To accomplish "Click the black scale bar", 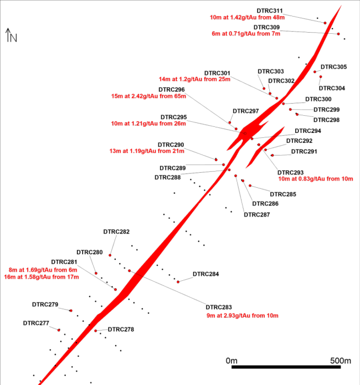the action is tap(286, 367).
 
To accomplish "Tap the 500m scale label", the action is tap(341, 361).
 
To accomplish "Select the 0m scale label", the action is tap(232, 361).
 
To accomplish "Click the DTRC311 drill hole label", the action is tap(270, 11).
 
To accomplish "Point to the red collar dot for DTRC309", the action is tap(338, 34).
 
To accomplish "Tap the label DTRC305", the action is tap(334, 67).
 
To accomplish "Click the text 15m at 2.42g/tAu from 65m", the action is tap(148, 96).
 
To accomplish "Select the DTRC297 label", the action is tap(246, 111).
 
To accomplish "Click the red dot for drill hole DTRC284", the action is tap(178, 282).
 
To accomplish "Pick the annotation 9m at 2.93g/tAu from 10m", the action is tap(243, 316).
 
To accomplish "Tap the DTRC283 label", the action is tap(219, 307).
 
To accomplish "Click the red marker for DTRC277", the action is tap(59, 330).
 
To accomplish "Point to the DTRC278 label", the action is tap(121, 329).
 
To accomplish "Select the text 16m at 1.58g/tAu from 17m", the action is tap(42, 277).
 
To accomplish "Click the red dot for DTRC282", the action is tap(110, 255).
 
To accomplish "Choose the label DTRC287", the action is tap(257, 214).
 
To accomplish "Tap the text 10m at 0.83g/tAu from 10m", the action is tap(316, 179).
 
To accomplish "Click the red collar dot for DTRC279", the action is tap(71, 311).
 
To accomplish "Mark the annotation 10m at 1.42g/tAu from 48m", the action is tap(247, 17).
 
